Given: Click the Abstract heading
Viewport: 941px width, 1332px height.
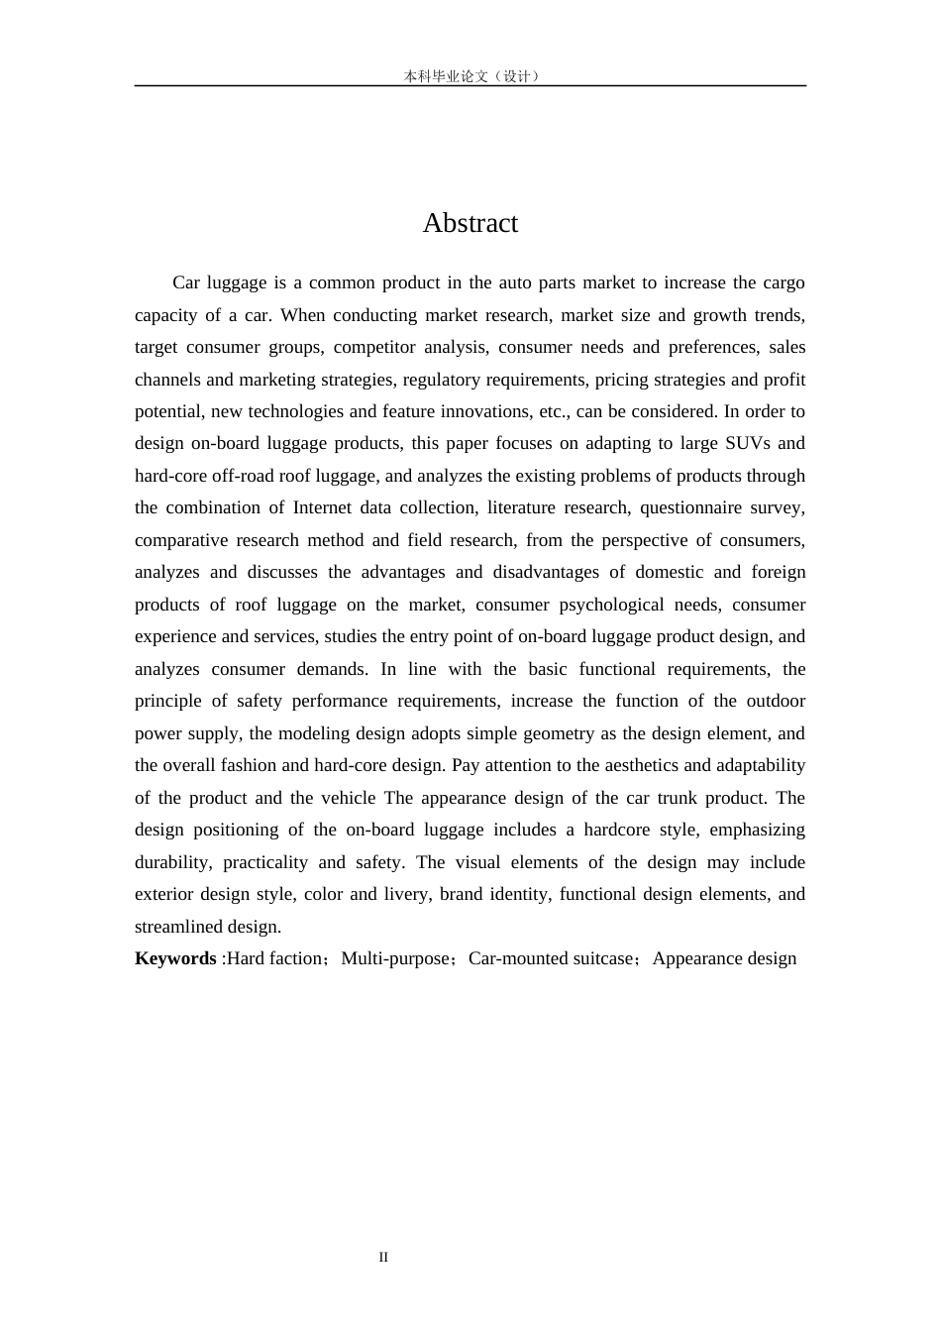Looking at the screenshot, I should point(470,223).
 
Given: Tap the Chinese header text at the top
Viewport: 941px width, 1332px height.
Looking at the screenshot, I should point(470,76).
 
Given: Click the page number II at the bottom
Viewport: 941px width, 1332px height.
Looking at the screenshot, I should point(383,1258).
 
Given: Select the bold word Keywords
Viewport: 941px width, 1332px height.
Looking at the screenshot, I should point(175,958).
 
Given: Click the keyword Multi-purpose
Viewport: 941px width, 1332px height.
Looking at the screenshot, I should point(395,958).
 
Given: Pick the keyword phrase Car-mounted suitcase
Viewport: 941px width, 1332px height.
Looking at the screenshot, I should point(551,958).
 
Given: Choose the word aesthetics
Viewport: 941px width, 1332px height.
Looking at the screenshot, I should point(640,765).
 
